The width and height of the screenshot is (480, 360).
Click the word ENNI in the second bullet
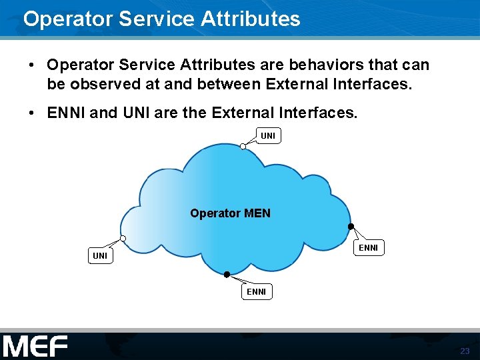click(x=67, y=113)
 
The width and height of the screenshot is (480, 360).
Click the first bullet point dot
click(x=32, y=65)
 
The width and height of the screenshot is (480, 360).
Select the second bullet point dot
click(x=32, y=113)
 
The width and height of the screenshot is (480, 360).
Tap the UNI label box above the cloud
click(x=267, y=136)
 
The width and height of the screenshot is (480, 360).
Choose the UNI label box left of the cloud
click(x=100, y=255)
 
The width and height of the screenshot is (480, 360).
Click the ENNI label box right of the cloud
click(x=368, y=248)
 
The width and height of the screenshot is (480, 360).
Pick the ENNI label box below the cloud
click(x=257, y=291)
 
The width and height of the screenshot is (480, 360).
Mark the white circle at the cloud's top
click(x=243, y=147)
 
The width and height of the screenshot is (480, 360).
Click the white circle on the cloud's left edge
click(x=123, y=239)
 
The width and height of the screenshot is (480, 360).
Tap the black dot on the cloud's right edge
click(x=351, y=227)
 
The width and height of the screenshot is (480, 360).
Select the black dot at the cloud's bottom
click(x=227, y=275)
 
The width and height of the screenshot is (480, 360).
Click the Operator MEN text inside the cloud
click(x=230, y=213)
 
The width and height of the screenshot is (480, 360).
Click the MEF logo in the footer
click(x=35, y=347)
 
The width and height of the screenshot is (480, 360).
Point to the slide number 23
click(x=465, y=351)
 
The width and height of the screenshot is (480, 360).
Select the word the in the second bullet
click(x=195, y=113)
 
